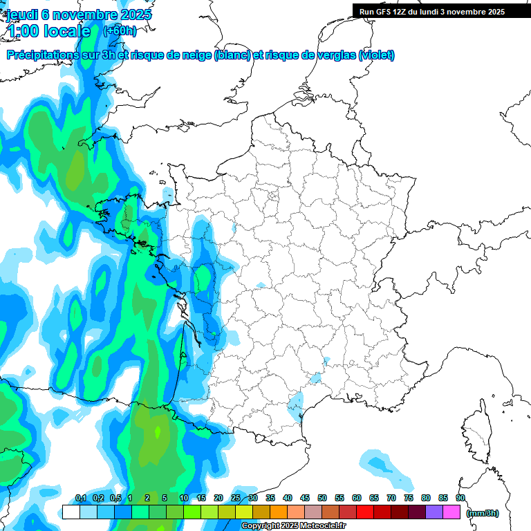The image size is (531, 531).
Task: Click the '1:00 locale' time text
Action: tap(48, 31)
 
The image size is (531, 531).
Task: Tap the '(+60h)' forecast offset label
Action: tap(120, 30)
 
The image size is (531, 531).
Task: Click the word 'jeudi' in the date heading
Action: tap(23, 14)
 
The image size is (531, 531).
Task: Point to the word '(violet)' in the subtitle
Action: tap(377, 55)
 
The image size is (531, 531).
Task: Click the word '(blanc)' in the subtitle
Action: tap(232, 55)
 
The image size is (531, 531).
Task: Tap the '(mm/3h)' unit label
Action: tap(483, 512)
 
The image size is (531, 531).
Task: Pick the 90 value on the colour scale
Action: tap(460, 499)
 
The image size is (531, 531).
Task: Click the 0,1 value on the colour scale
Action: tap(81, 499)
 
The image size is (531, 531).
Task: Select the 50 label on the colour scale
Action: tap(322, 499)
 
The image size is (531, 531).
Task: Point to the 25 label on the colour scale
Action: tap(236, 499)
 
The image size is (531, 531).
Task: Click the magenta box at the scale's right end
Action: tap(451, 512)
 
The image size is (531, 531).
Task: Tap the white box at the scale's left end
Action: tap(71, 512)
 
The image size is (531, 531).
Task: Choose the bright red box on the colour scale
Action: tap(365, 512)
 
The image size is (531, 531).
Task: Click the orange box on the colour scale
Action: tap(279, 512)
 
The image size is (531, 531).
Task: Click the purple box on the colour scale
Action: tap(434, 512)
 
